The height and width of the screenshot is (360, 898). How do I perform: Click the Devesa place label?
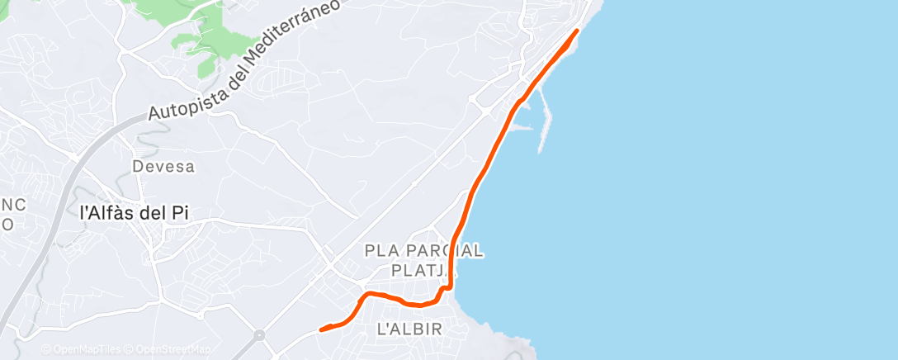coord(163,167)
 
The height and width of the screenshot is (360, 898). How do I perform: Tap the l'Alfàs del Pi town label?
coord(134,212)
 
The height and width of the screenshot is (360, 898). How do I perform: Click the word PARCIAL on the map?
coord(443,250)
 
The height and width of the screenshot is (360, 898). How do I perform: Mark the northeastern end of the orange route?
coord(576,31)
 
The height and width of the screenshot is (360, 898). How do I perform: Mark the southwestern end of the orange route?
coord(321,329)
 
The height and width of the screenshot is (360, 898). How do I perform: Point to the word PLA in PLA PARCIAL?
coord(381,250)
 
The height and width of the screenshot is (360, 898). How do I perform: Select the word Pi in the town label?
coord(180,212)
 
